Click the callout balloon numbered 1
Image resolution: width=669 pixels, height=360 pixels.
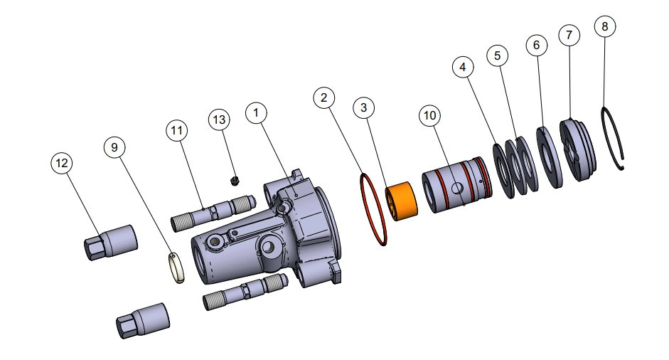pos(256,112)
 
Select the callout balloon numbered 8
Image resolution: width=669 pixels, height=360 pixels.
pos(604,28)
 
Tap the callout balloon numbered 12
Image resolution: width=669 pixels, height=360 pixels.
pos(62,163)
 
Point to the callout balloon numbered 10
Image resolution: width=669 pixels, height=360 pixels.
pos(429,116)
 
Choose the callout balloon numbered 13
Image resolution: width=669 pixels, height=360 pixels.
pos(220,120)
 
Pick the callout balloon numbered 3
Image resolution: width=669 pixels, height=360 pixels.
pos(364,107)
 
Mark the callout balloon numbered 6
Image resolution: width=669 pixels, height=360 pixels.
pos(537,44)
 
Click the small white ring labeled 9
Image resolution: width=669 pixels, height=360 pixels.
pos(176,268)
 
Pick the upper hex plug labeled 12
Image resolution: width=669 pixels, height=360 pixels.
pos(109,241)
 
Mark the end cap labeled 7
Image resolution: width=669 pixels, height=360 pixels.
pos(578,150)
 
